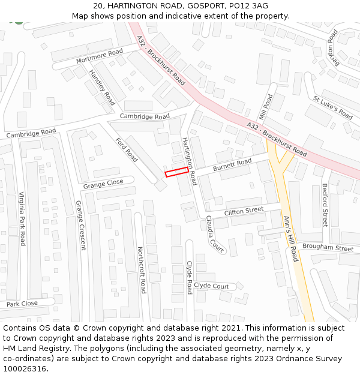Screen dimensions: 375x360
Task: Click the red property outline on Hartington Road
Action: pyautogui.click(x=177, y=172)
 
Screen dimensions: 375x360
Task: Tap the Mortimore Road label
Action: pyautogui.click(x=100, y=57)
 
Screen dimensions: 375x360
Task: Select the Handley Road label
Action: pyautogui.click(x=102, y=88)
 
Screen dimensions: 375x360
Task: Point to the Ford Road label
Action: pyautogui.click(x=127, y=149)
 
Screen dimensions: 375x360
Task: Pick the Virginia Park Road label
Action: pyautogui.click(x=22, y=218)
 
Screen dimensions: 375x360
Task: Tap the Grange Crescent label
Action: pyautogui.click(x=81, y=225)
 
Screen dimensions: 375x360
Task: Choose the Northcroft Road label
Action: pyautogui.click(x=142, y=269)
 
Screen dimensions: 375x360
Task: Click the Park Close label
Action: pyautogui.click(x=22, y=304)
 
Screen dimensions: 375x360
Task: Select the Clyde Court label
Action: pyautogui.click(x=212, y=286)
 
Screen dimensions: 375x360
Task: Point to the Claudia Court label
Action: pyautogui.click(x=214, y=235)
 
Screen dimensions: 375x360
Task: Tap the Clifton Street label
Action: pyautogui.click(x=244, y=211)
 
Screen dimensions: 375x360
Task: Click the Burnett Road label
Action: pyautogui.click(x=232, y=163)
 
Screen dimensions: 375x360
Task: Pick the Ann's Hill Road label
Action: pyautogui.click(x=290, y=238)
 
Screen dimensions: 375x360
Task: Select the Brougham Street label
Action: pyautogui.click(x=328, y=248)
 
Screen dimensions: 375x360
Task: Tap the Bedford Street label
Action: pyautogui.click(x=325, y=205)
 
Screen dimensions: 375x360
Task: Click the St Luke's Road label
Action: pyautogui.click(x=333, y=107)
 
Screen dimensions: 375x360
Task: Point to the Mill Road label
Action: pyautogui.click(x=265, y=106)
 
